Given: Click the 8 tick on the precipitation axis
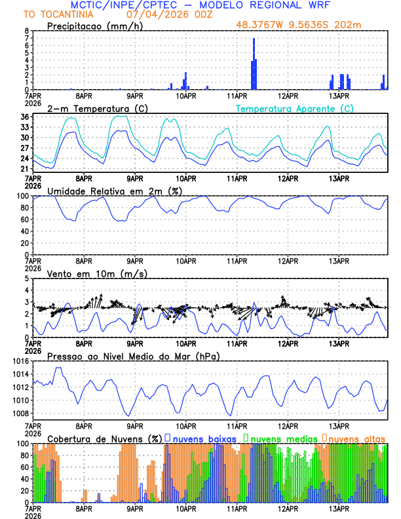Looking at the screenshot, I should (x=26, y=31).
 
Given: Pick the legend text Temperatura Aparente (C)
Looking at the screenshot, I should (x=294, y=108).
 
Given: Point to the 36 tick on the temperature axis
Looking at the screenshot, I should (x=24, y=117).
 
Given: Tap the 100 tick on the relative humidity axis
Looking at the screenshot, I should (x=22, y=196).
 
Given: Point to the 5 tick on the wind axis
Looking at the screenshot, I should (x=26, y=279).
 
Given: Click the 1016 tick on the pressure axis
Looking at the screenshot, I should (x=20, y=361).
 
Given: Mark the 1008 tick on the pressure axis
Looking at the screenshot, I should (x=20, y=413).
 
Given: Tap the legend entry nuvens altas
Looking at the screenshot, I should (x=356, y=438).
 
